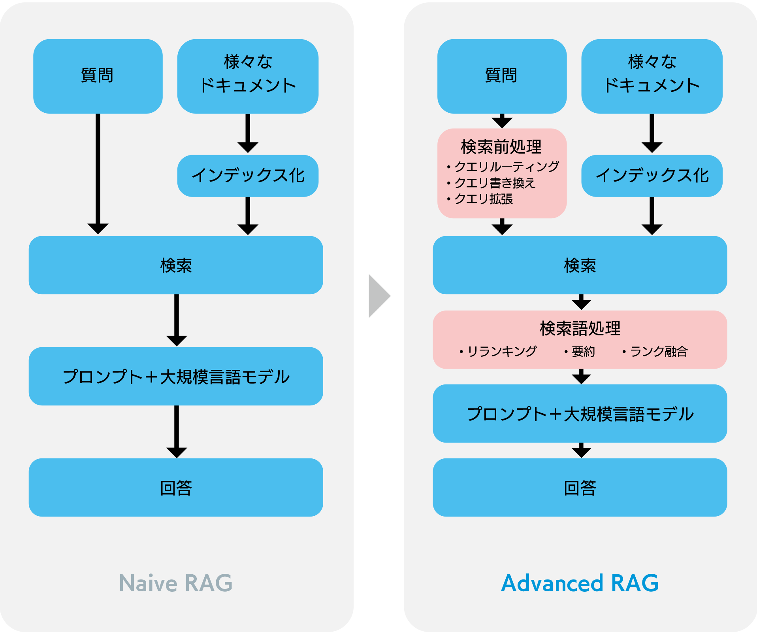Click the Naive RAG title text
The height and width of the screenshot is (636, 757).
pos(176,583)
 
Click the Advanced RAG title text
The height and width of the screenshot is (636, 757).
pos(580,583)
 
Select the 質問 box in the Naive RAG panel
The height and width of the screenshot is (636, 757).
pos(98,76)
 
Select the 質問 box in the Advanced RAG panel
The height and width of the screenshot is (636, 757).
pos(502,76)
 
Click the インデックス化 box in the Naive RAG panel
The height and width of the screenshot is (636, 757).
pos(248,176)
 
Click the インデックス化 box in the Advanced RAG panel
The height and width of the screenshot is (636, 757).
pos(652,176)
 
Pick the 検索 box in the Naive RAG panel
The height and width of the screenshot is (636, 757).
pos(176,265)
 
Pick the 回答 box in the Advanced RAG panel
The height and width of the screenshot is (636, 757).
pos(580,487)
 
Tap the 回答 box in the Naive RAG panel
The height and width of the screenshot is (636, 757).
pos(176,487)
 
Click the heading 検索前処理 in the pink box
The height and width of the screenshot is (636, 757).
pos(501,147)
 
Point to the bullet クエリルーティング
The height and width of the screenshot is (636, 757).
pos(503,167)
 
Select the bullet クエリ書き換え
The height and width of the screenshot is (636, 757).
pos(491,183)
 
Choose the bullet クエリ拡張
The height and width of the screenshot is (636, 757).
pos(480,199)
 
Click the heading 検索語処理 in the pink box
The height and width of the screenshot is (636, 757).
pos(580,328)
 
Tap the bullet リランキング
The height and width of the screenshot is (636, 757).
pos(498,351)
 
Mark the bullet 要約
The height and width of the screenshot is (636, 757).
pos(580,351)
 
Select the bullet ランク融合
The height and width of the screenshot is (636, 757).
pos(655,351)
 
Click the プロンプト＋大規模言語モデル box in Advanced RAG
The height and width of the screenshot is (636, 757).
pos(580,413)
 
